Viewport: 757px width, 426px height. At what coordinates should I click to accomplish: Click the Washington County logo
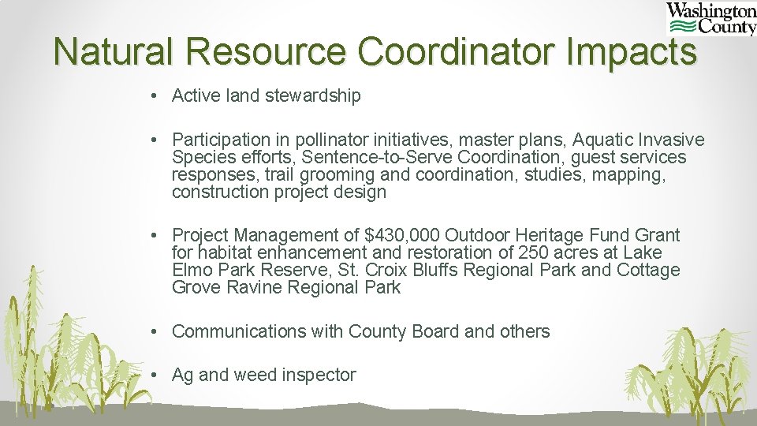pyautogui.click(x=711, y=20)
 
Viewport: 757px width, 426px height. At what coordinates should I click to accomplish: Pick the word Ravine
pyautogui.click(x=253, y=287)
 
